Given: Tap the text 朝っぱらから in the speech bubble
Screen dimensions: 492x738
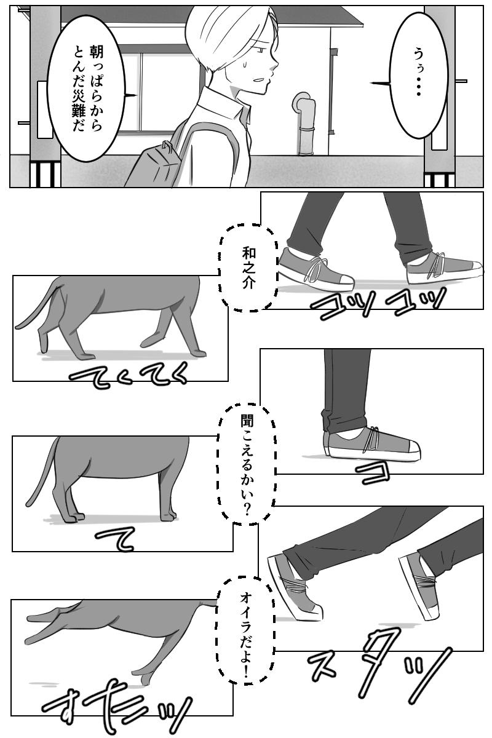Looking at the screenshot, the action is point(95,88).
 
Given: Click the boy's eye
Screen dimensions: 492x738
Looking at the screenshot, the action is point(261,50).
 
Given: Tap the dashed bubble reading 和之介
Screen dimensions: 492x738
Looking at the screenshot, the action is point(248,268).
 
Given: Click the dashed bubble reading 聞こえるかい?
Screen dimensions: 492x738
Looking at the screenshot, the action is point(246,464).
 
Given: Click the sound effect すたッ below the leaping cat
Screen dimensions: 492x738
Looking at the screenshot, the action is point(117,707).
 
